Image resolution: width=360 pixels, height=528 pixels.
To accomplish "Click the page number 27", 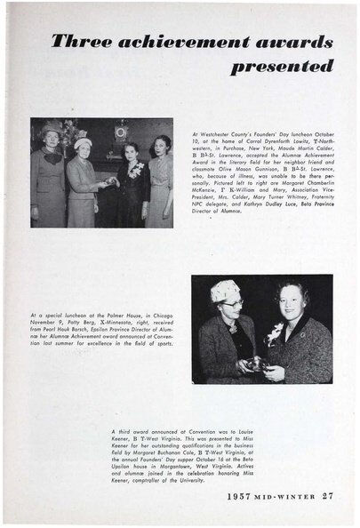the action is point(328,496).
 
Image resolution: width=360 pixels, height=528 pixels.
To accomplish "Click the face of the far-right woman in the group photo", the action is point(161,147).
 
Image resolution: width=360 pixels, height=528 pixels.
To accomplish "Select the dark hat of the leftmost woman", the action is point(51,129).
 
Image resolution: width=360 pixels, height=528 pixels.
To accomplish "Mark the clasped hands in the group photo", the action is point(109,180).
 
